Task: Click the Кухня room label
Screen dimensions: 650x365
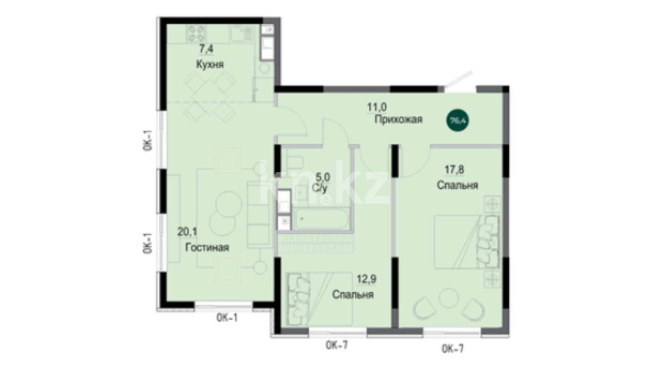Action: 210,64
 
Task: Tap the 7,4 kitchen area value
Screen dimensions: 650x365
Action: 206,49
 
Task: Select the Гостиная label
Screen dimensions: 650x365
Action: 207,247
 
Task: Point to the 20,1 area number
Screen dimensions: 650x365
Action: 187,232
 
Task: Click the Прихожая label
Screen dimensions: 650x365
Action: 398,119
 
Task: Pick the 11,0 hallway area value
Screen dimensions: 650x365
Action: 377,107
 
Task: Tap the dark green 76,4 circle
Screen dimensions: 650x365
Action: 458,120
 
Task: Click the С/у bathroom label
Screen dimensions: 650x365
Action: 320,188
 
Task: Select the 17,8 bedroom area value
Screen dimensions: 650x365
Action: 454,170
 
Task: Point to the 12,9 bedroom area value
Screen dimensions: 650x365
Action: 367,279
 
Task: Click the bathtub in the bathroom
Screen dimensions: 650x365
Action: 321,219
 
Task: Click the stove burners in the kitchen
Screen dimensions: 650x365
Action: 196,33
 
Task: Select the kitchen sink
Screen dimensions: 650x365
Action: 241,33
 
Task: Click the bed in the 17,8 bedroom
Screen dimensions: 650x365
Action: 467,242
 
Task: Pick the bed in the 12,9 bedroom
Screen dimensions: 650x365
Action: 320,299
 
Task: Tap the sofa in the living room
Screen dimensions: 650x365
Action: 259,215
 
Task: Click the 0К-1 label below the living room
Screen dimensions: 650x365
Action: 227,318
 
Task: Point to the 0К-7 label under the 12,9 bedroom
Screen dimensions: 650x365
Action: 337,345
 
